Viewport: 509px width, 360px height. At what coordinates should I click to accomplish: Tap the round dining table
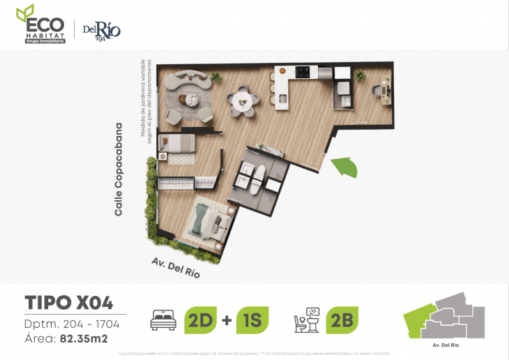243,102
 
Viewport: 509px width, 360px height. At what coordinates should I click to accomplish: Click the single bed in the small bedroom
178,144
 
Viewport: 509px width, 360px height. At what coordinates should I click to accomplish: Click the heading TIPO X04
68,303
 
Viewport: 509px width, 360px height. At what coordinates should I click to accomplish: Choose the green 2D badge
200,320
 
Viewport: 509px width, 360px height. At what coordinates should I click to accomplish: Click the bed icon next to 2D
164,321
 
